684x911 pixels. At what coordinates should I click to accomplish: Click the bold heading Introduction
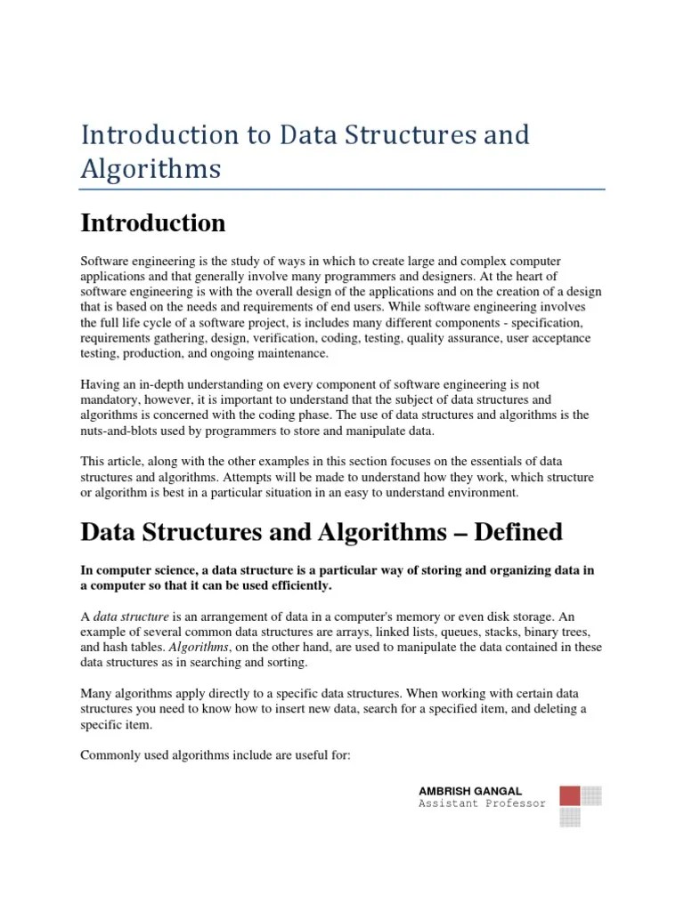tap(153, 222)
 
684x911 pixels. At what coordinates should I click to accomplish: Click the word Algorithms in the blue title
tap(151, 168)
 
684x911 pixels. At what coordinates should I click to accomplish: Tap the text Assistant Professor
tap(482, 804)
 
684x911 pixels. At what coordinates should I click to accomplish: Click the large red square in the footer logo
tap(570, 796)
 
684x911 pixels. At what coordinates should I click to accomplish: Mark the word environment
tap(478, 493)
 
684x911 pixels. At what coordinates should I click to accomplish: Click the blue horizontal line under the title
tap(342, 189)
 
